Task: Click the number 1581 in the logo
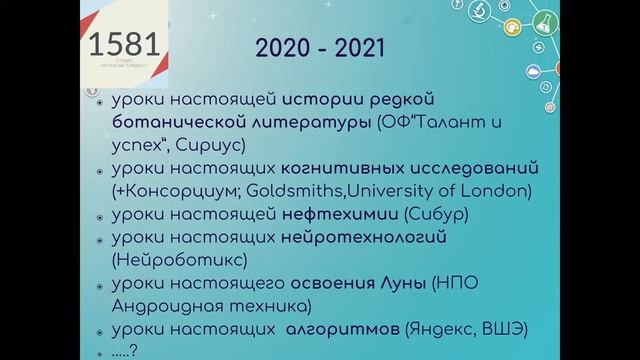[122, 45]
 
